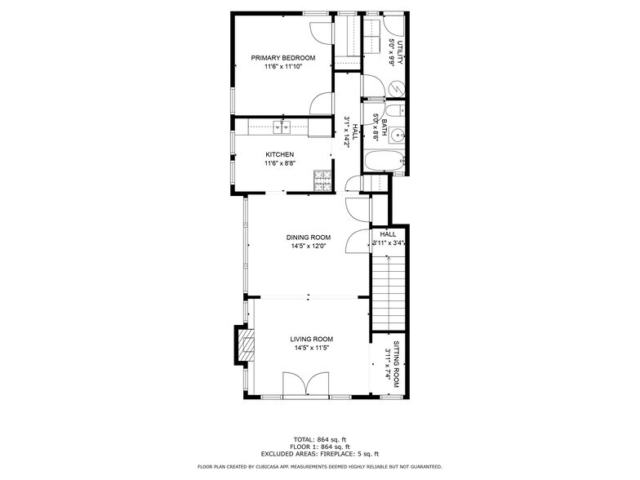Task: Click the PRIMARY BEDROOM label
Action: [282, 57]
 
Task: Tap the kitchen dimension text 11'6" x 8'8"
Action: [279, 163]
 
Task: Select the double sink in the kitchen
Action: [282, 127]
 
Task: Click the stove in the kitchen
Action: [322, 178]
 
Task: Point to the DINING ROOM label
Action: [308, 237]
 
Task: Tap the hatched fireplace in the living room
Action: [242, 345]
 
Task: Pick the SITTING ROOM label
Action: [396, 364]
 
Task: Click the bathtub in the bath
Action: [383, 161]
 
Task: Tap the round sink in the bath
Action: [397, 136]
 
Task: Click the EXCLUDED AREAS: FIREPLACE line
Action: [319, 454]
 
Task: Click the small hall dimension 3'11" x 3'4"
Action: [389, 242]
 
